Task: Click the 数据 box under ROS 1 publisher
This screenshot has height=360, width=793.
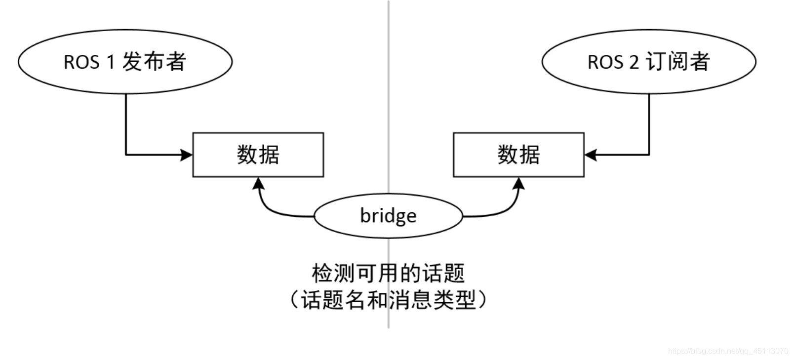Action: click(258, 155)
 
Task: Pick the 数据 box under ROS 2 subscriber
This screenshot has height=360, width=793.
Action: click(518, 155)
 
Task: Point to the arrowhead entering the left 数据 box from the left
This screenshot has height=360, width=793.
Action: click(187, 155)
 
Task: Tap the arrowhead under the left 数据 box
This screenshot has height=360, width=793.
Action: click(258, 184)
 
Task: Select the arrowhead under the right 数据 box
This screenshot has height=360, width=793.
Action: click(518, 184)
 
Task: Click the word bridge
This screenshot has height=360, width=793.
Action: click(388, 216)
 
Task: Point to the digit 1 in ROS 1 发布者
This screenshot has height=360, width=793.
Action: click(111, 62)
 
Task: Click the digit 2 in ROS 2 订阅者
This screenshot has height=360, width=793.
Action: click(634, 62)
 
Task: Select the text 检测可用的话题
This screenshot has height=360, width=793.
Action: click(388, 273)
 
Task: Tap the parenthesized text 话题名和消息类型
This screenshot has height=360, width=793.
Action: click(388, 300)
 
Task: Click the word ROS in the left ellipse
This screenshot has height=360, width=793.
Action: click(81, 62)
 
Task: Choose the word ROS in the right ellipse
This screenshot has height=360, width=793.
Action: click(605, 62)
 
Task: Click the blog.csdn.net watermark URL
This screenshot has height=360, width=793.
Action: click(728, 351)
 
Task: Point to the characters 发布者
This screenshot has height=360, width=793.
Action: click(154, 62)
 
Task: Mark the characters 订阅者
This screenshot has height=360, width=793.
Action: click(677, 62)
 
